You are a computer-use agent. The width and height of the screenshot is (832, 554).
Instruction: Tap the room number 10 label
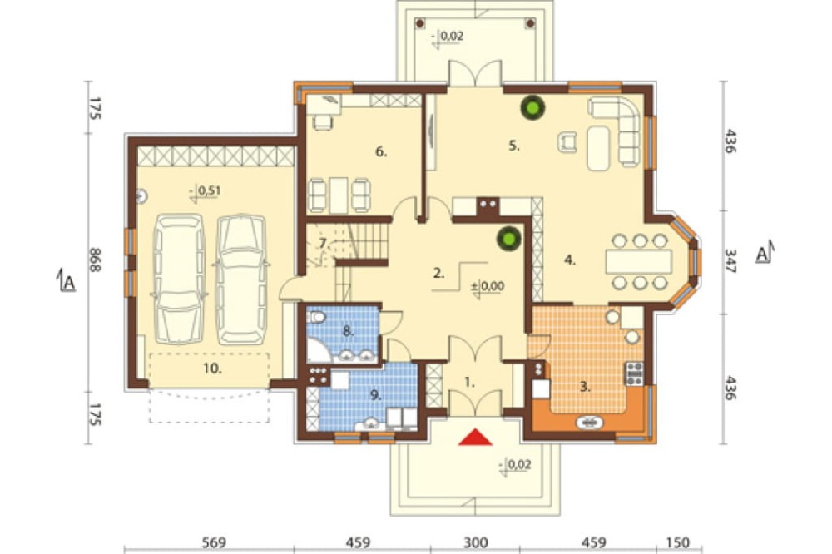[212, 369]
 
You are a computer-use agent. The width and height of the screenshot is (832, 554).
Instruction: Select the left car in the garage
[179, 279]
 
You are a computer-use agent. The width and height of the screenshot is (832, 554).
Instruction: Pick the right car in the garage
[241, 279]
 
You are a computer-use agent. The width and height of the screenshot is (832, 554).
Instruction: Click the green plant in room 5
[532, 109]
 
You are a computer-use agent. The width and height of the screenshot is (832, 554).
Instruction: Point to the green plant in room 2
[509, 238]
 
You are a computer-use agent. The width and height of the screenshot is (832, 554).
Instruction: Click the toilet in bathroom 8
[316, 317]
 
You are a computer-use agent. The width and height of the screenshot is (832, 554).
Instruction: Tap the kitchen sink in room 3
[590, 423]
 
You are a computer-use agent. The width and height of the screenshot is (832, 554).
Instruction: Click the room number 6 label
[381, 151]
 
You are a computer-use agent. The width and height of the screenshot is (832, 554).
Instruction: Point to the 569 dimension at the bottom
[214, 542]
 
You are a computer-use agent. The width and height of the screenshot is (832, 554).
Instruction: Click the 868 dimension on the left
[94, 260]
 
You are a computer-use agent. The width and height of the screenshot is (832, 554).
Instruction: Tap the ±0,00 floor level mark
[488, 286]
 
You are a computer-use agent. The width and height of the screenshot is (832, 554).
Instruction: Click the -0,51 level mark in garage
[206, 191]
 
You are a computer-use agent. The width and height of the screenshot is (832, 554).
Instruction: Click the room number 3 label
[585, 387]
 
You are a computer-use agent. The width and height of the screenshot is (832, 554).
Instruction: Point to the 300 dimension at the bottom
[475, 542]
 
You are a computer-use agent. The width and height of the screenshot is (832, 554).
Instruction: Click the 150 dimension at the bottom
[677, 542]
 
